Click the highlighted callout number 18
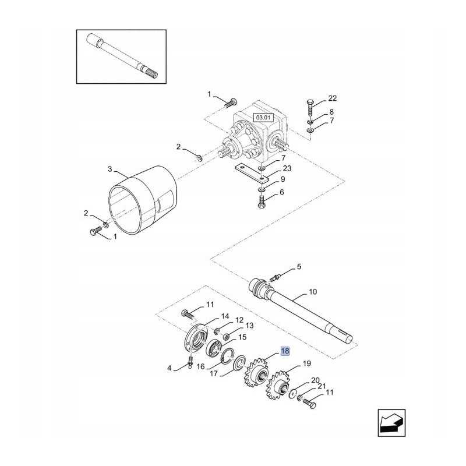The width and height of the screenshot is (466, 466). (285, 351)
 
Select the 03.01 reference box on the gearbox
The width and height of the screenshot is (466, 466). (263, 118)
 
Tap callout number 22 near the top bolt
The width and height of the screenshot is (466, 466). (332, 98)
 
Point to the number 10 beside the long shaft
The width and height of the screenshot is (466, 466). (313, 292)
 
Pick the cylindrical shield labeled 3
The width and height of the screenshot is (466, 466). (143, 200)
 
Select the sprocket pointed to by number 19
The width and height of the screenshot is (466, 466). (278, 386)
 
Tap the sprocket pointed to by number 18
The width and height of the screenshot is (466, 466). (256, 373)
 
